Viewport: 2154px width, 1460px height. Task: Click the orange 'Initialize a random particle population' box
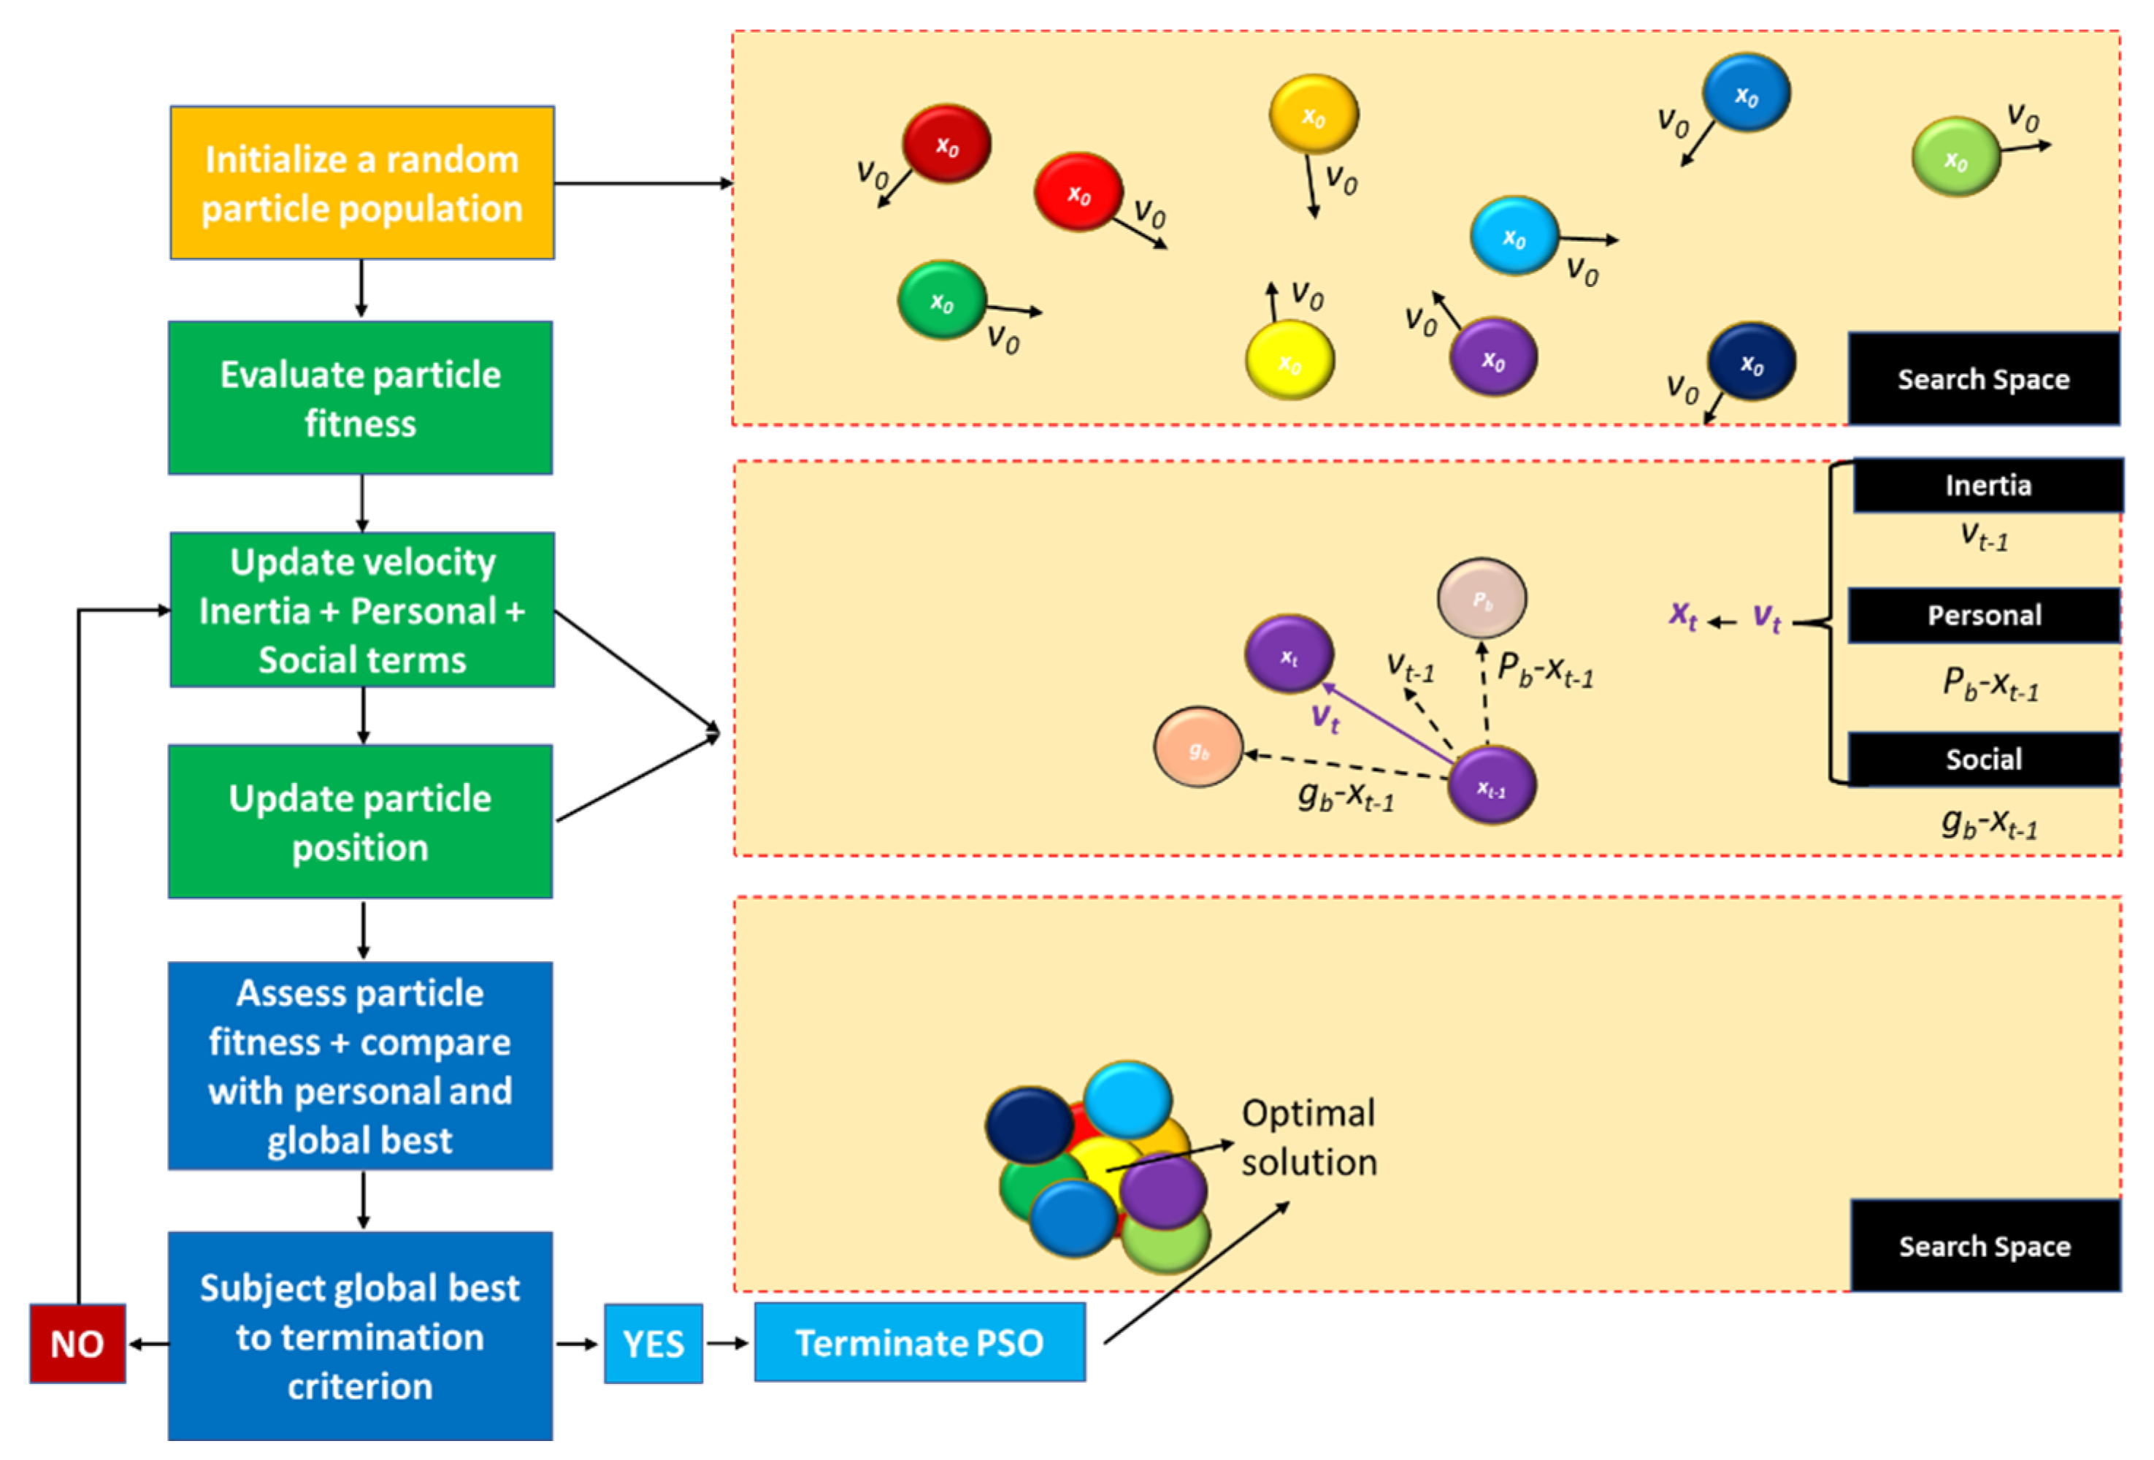(x=361, y=183)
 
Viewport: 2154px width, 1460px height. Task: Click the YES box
(x=654, y=1343)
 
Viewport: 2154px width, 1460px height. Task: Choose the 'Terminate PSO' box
(x=919, y=1342)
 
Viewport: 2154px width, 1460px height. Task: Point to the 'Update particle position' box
(x=360, y=822)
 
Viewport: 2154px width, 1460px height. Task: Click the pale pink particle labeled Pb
(x=1481, y=599)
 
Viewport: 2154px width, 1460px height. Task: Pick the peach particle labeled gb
(x=1197, y=747)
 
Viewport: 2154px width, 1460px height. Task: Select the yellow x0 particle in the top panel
(x=1289, y=361)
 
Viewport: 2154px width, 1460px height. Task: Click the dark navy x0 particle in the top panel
(x=1751, y=362)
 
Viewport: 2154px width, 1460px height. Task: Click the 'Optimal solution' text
(x=1308, y=1137)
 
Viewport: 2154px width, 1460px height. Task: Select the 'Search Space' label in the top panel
(x=1982, y=379)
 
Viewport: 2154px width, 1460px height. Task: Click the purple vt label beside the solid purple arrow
(x=1325, y=716)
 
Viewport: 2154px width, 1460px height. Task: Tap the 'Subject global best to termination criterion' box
(x=360, y=1336)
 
